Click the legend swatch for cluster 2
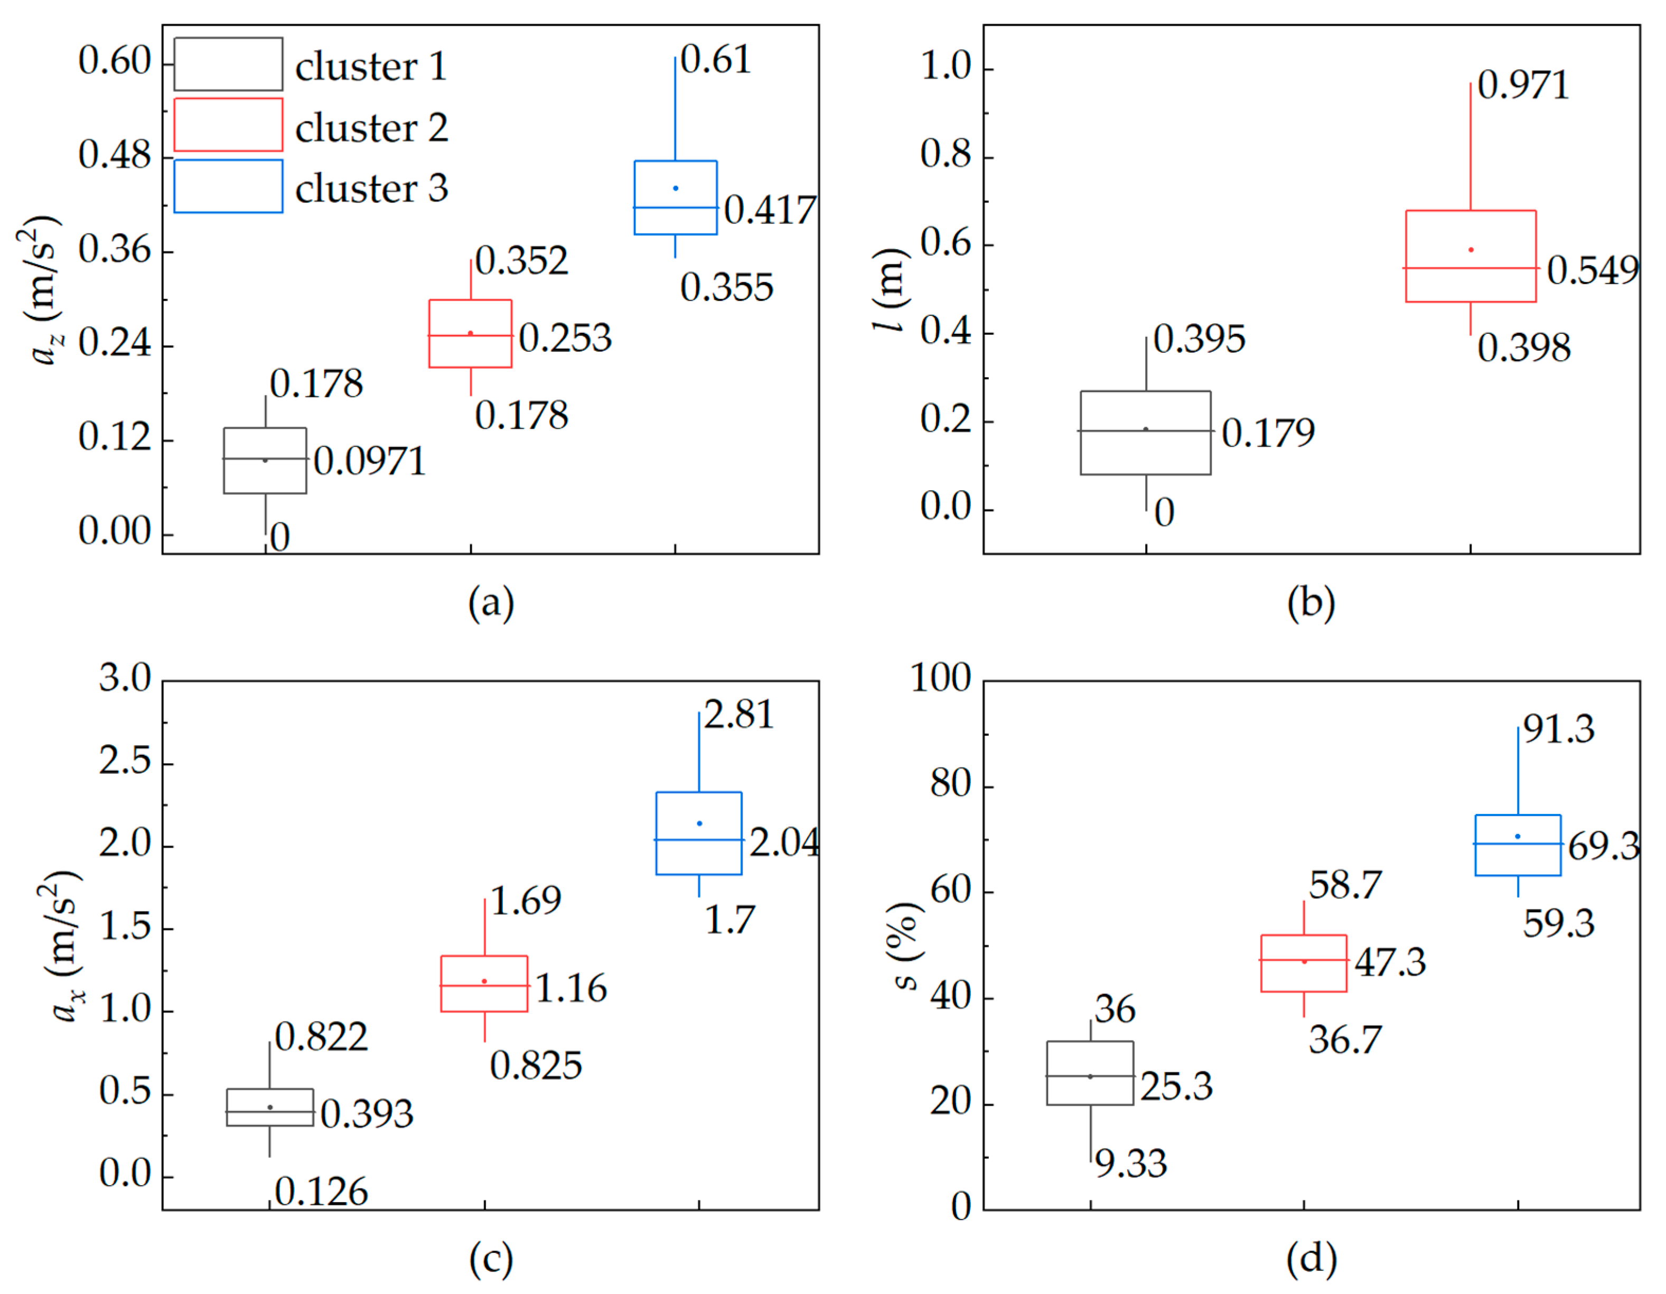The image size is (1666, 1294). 228,124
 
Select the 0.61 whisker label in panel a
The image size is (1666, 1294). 716,60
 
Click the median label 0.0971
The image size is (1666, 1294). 369,461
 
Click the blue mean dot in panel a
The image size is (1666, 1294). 675,187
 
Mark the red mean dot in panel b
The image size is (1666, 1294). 1471,249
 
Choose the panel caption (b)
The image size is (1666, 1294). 1311,603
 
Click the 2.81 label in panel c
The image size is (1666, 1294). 737,715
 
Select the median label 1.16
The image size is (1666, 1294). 570,988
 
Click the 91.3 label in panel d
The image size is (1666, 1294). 1558,728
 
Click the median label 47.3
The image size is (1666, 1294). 1390,962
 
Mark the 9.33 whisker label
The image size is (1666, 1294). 1130,1164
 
